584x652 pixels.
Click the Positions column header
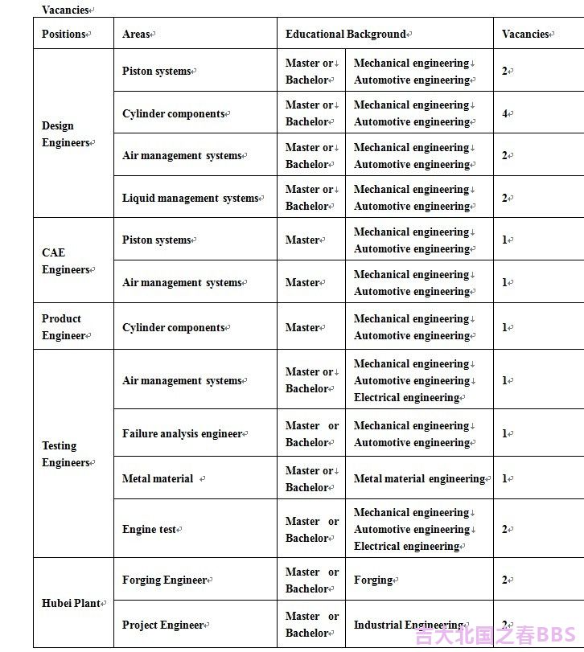click(x=64, y=34)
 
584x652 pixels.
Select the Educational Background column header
click(x=347, y=34)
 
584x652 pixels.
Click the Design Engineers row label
click(x=67, y=133)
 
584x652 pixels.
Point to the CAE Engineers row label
click(x=64, y=260)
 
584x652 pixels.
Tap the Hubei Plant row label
click(x=72, y=603)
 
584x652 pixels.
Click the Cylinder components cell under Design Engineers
click(x=174, y=113)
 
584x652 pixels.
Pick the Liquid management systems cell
click(x=191, y=198)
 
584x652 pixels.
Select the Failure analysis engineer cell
click(x=183, y=433)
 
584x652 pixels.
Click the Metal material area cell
click(x=158, y=478)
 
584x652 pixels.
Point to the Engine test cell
click(x=150, y=529)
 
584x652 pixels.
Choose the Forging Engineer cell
click(x=165, y=580)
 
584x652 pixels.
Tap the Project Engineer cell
click(x=163, y=625)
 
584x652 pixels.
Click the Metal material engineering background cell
click(x=419, y=478)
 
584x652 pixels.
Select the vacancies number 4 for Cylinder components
click(x=505, y=113)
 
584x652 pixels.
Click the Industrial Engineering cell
click(x=409, y=625)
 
